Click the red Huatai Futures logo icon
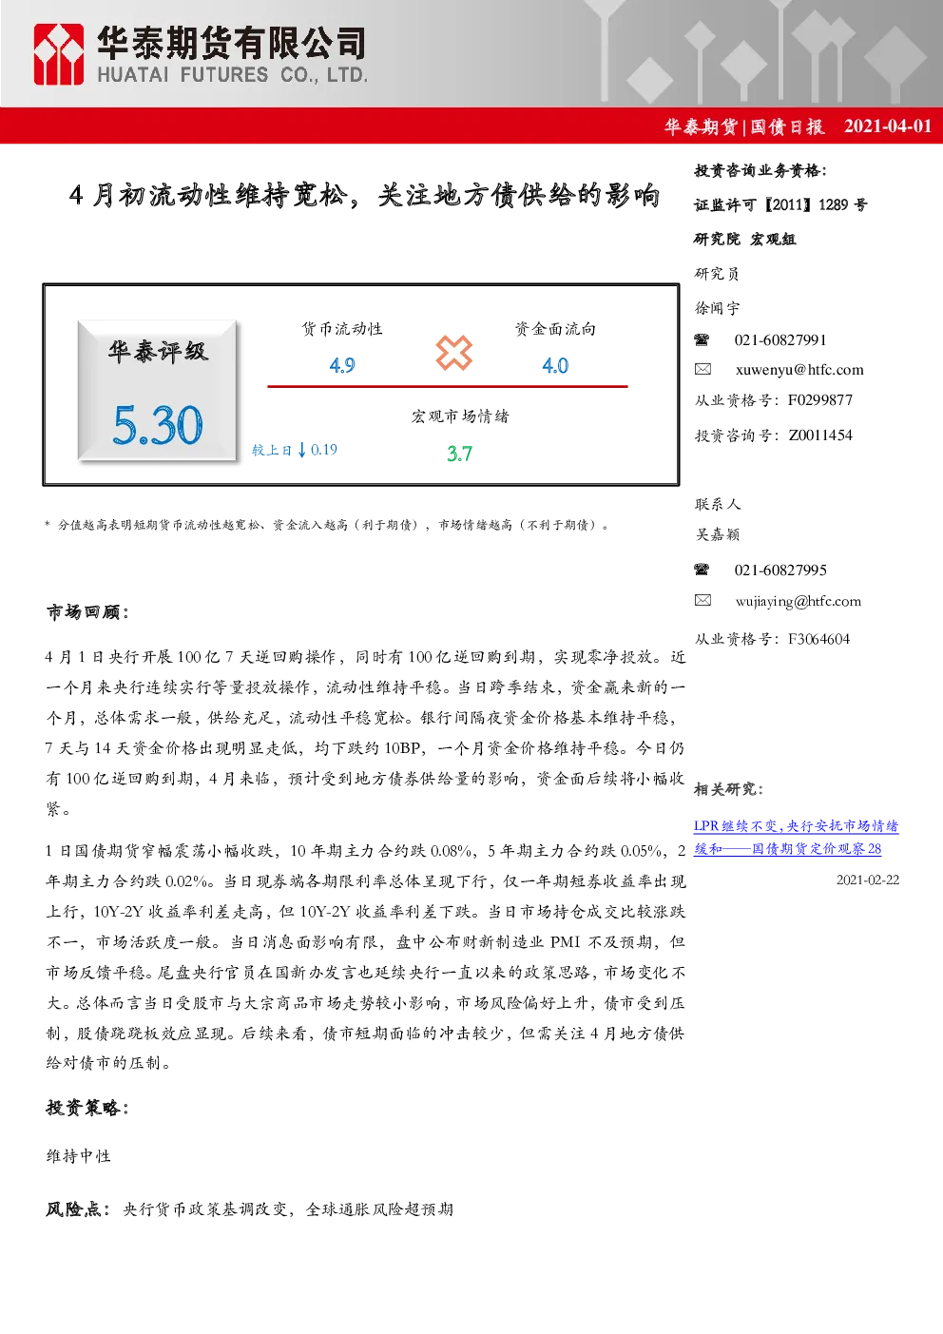pos(58,54)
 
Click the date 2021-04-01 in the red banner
pos(888,126)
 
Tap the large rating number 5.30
pos(158,425)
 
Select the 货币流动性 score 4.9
pos(342,365)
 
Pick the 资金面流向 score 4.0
pos(555,365)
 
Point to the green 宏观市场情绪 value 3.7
pos(459,454)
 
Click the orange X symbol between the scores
pos(453,353)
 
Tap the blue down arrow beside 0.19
pos(302,450)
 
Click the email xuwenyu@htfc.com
pos(799,370)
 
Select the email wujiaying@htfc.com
pos(799,601)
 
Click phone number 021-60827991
pos(780,340)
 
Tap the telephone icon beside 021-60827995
pos(702,570)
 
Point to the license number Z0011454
pos(820,435)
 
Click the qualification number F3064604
pos(819,639)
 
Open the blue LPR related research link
pos(796,838)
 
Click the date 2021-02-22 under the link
pos(868,880)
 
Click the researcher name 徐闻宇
pos(718,308)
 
